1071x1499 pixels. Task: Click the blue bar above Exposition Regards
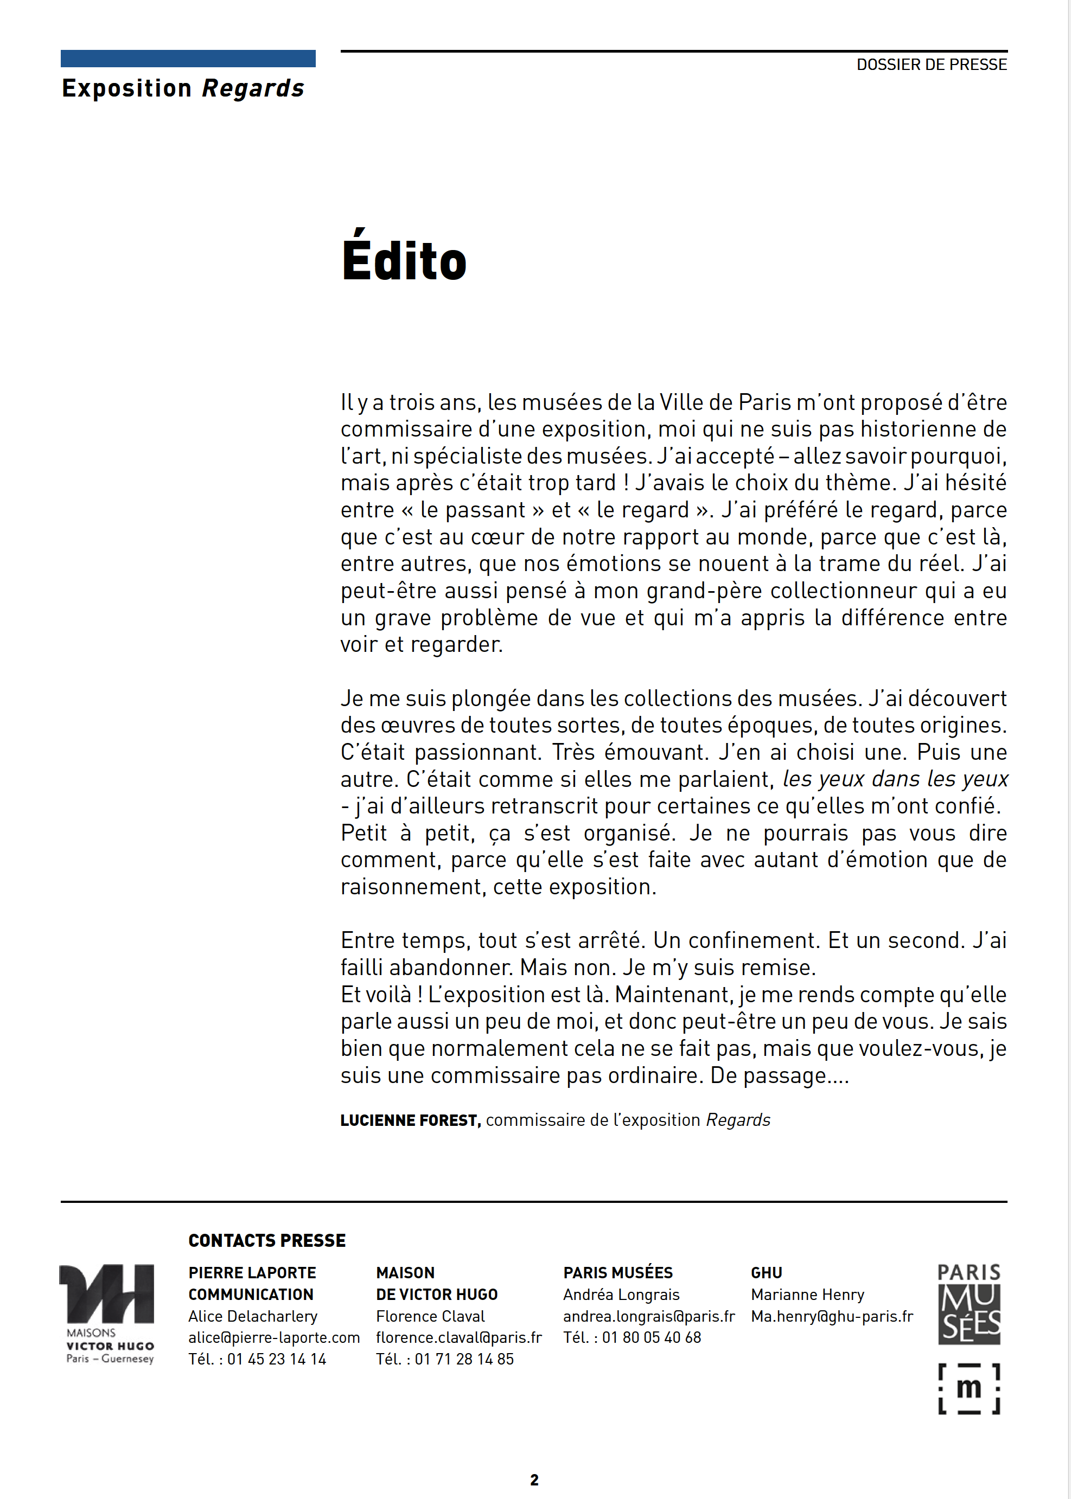[x=188, y=59]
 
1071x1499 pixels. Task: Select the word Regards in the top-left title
[x=253, y=88]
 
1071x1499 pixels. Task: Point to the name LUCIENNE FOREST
[x=409, y=1120]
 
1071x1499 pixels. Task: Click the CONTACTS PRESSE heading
[x=266, y=1241]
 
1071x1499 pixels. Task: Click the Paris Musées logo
[x=969, y=1304]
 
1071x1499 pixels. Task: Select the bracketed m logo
[x=969, y=1389]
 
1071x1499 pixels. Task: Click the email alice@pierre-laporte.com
[x=273, y=1337]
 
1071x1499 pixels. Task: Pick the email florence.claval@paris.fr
[x=458, y=1337]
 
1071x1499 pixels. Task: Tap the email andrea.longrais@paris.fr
[x=648, y=1316]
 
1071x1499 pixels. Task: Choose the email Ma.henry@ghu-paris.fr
[x=832, y=1316]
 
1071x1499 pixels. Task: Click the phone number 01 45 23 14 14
[x=276, y=1359]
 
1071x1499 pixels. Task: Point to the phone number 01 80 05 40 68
[x=651, y=1337]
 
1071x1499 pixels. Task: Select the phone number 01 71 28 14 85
[x=464, y=1359]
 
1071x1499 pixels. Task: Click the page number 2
[x=534, y=1480]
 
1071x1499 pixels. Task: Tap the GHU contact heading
[x=766, y=1273]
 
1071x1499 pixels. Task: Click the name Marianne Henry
[x=807, y=1295]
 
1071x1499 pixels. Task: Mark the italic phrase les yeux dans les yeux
[x=895, y=779]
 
